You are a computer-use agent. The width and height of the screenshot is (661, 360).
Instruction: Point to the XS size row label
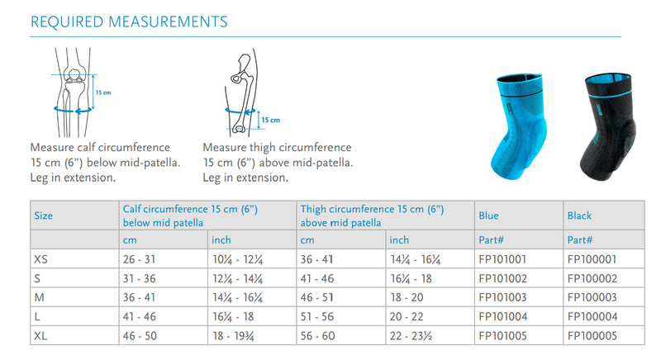40,258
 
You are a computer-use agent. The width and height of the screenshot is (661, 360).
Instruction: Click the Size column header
43,216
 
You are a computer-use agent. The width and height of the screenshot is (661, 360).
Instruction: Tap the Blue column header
488,216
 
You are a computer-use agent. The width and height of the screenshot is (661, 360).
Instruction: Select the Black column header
579,216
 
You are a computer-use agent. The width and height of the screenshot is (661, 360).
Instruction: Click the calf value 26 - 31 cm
140,258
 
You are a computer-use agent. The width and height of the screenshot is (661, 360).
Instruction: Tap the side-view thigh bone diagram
245,91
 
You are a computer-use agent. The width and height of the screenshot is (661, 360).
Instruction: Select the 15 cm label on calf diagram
101,92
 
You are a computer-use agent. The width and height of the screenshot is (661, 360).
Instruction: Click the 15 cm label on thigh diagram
270,121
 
